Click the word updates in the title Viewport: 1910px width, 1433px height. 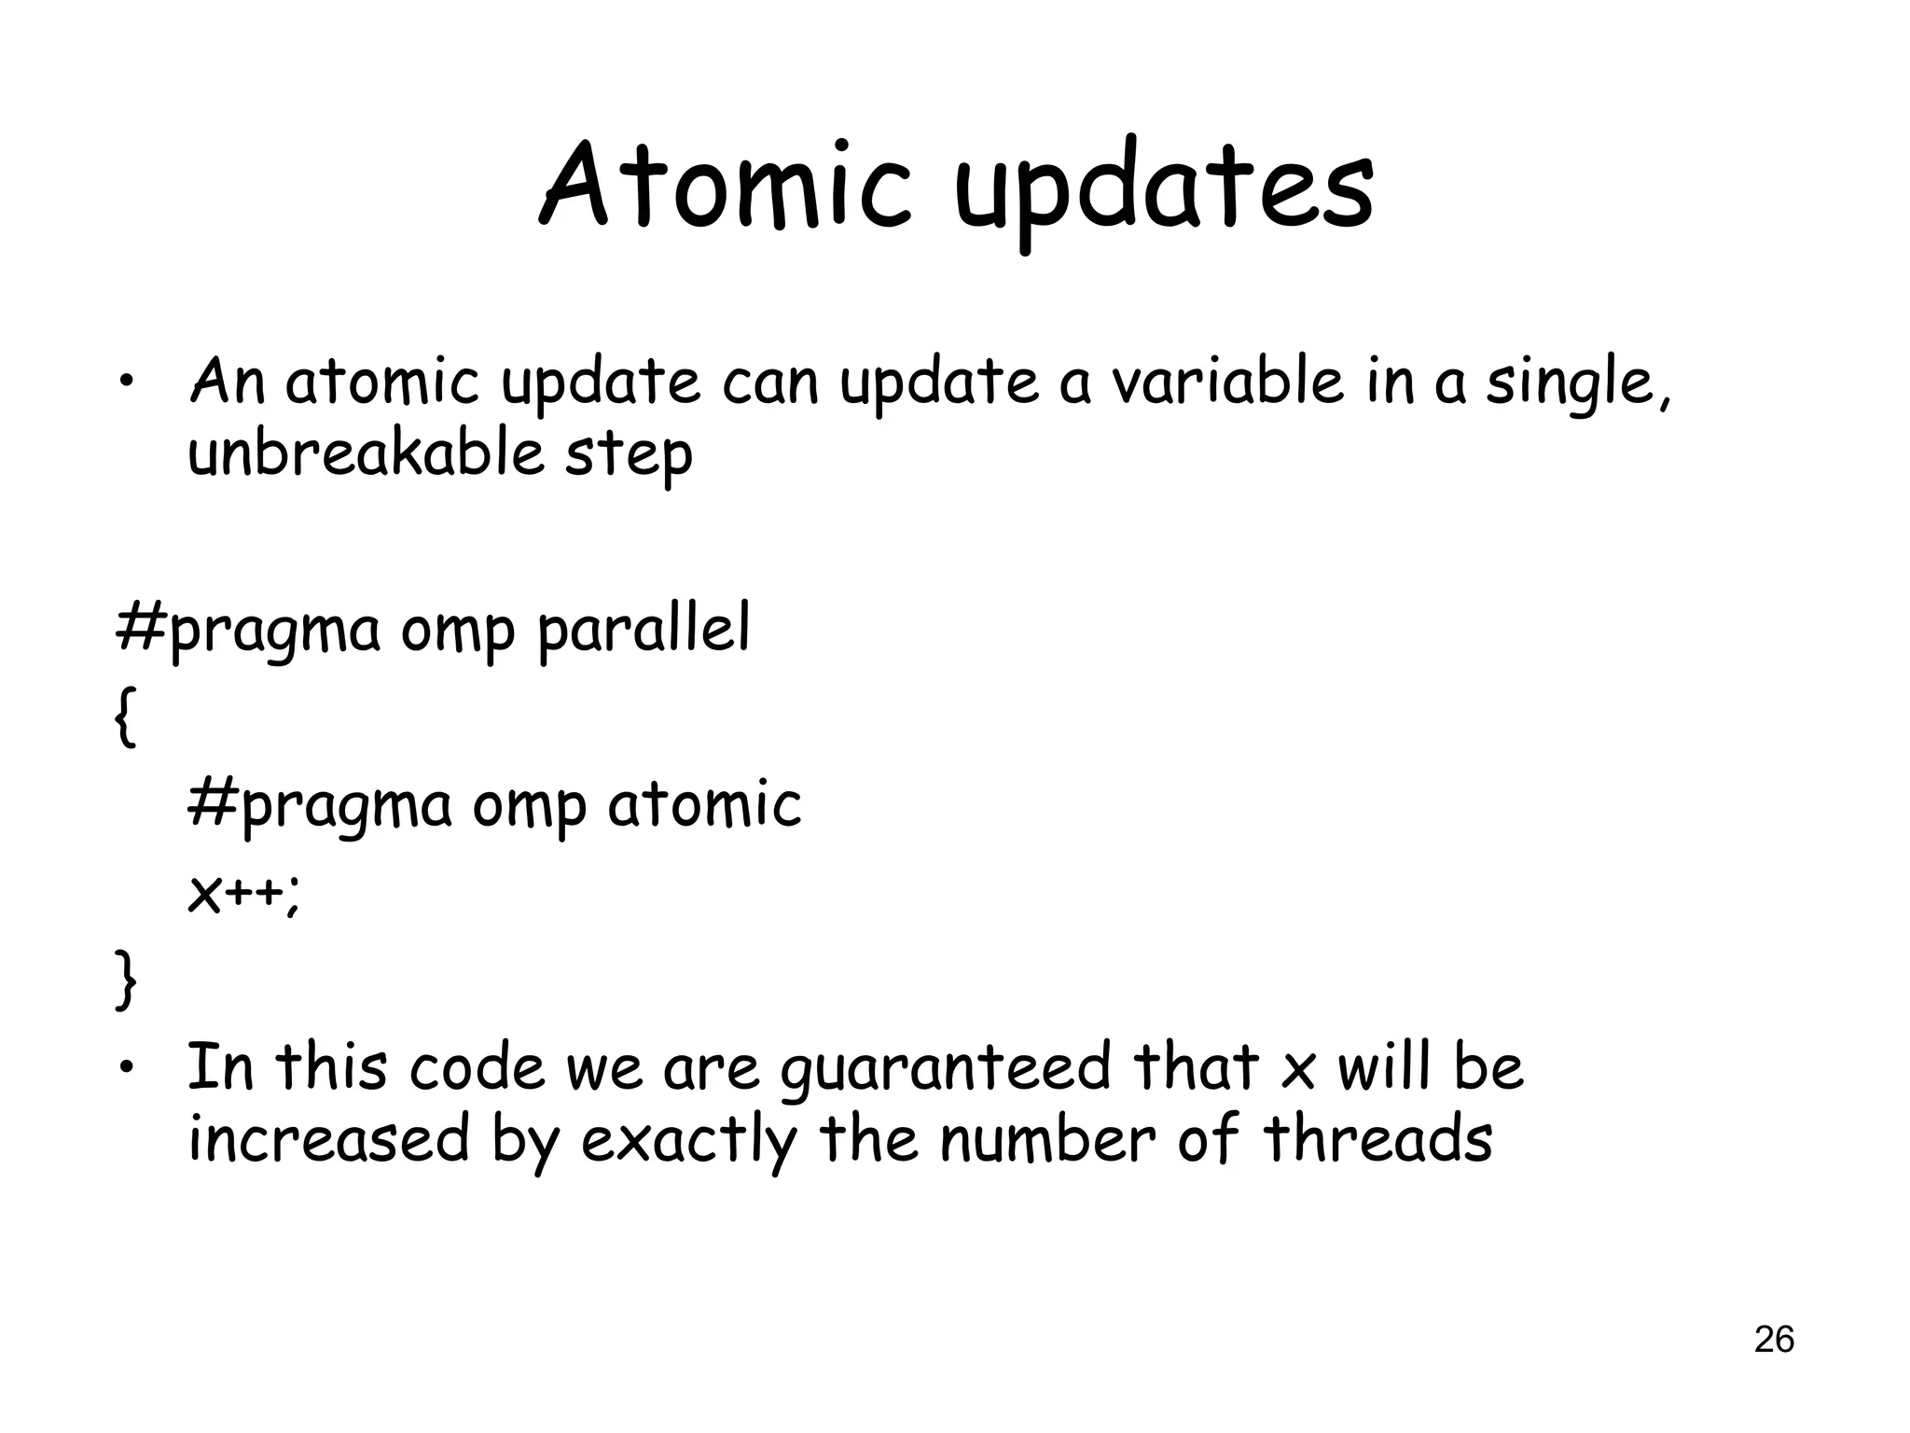[x=1164, y=191]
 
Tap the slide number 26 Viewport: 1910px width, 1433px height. [x=1774, y=1339]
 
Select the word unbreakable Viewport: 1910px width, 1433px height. [x=366, y=453]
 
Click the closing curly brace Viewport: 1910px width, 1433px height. [x=125, y=979]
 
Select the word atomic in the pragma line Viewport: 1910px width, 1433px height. [x=704, y=804]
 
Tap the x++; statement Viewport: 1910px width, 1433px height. [x=244, y=895]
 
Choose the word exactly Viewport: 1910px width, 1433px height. [x=689, y=1141]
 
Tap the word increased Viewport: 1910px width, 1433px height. [x=328, y=1139]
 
